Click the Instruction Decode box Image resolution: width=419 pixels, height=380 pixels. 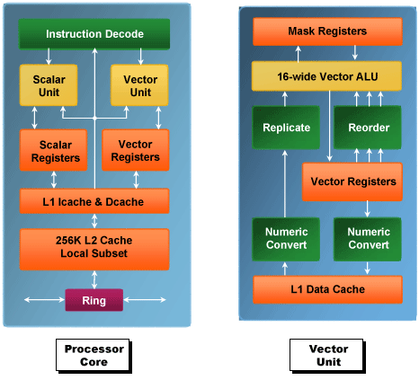pyautogui.click(x=94, y=34)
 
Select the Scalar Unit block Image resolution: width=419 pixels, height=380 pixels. pyautogui.click(x=49, y=85)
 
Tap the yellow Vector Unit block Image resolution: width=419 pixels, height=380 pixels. pyautogui.click(x=139, y=85)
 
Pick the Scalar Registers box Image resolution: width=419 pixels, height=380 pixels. pyautogui.click(x=54, y=150)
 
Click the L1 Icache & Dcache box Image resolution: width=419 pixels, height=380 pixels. pyautogui.click(x=94, y=201)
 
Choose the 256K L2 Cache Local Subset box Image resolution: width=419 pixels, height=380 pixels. pyautogui.click(x=94, y=250)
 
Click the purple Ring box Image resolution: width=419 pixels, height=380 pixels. pyautogui.click(x=94, y=300)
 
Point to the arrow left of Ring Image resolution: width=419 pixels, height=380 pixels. pyautogui.click(x=44, y=300)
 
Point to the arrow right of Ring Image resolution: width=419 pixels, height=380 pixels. pyautogui.click(x=145, y=300)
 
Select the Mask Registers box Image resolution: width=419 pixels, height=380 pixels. pyautogui.click(x=327, y=31)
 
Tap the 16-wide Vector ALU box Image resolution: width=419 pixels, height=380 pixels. pyautogui.click(x=326, y=76)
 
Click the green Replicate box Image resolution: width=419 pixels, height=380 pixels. pyautogui.click(x=286, y=128)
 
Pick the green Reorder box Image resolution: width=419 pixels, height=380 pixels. pyautogui.click(x=368, y=128)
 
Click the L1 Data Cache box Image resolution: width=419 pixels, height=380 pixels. pyautogui.click(x=327, y=289)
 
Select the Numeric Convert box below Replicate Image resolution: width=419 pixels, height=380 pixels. pyautogui.click(x=286, y=239)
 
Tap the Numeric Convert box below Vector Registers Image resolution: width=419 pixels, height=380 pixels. pyautogui.click(x=368, y=239)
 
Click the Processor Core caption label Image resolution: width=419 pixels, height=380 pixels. pyautogui.click(x=94, y=356)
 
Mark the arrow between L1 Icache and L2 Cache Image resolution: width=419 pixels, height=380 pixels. pyautogui.click(x=94, y=221)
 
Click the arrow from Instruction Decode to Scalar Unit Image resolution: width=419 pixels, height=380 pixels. pyautogui.click(x=49, y=57)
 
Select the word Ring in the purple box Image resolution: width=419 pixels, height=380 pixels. pyautogui.click(x=94, y=300)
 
